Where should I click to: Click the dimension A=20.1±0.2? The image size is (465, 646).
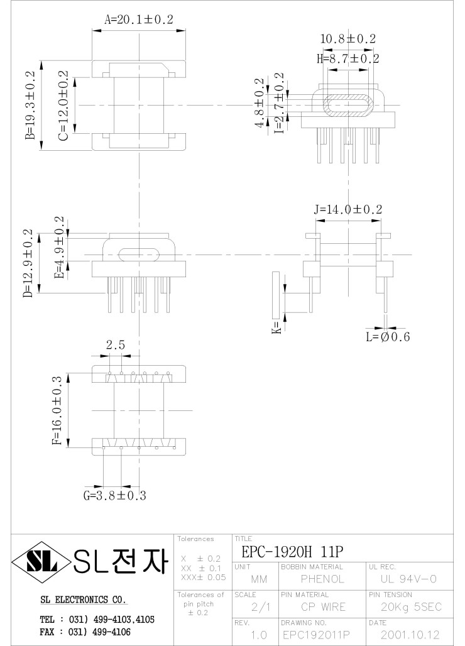tap(138, 19)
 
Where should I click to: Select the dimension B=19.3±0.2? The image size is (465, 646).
tap(30, 106)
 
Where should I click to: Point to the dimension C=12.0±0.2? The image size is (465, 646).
tap(63, 105)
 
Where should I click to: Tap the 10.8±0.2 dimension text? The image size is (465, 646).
tap(347, 39)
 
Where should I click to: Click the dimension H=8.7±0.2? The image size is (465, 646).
tap(347, 58)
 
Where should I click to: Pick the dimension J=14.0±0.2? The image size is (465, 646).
tap(348, 209)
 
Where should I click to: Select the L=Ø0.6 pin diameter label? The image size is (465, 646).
tap(388, 337)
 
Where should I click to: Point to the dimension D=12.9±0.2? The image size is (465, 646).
tap(28, 263)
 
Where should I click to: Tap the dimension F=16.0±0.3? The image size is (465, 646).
tap(57, 410)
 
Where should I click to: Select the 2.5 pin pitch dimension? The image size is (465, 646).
tap(115, 344)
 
